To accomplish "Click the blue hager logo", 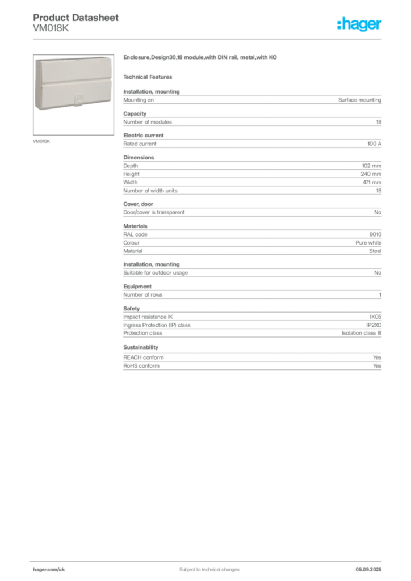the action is coord(360,24).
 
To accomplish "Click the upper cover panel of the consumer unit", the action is coord(78,72).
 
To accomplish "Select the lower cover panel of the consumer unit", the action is coord(78,95).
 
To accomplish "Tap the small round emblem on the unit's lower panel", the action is coord(78,101).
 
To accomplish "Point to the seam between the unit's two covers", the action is coord(78,84).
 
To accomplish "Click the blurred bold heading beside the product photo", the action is coord(202,58).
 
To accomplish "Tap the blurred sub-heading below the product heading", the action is coord(150,77).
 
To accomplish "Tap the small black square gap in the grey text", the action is coord(142,343).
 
